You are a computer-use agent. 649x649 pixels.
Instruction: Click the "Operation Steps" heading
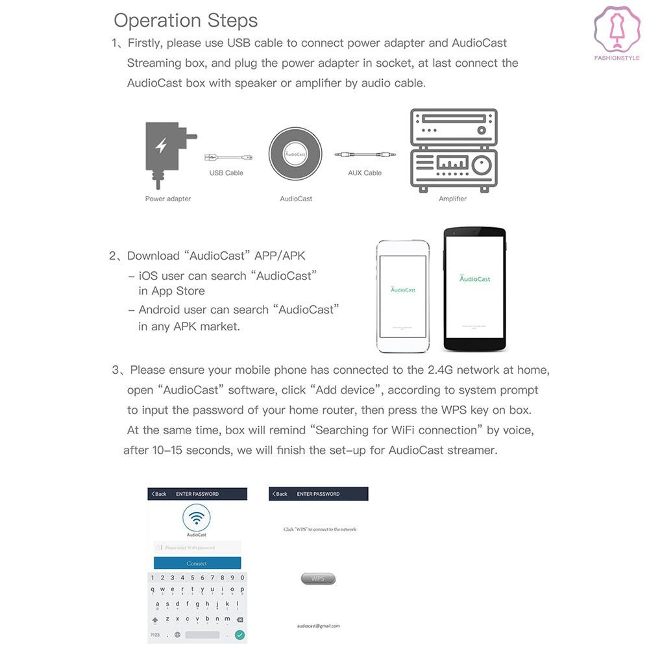(x=186, y=20)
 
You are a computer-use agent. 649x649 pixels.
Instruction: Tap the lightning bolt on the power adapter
(x=161, y=146)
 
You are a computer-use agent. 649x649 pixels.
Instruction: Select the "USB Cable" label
(x=226, y=173)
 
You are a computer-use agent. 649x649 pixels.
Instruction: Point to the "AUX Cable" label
(x=365, y=173)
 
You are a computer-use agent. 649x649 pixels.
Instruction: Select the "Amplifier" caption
(x=452, y=199)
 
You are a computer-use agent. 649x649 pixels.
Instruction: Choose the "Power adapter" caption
(x=168, y=199)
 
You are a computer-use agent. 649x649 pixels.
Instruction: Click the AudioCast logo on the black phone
(x=474, y=278)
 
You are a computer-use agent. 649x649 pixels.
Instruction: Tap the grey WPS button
(x=318, y=578)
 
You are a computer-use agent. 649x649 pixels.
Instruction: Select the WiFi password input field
(x=197, y=548)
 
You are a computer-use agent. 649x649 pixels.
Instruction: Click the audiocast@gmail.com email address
(x=318, y=626)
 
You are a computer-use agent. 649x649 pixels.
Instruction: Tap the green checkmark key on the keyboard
(x=239, y=635)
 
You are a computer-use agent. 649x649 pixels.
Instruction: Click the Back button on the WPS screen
(x=280, y=494)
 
